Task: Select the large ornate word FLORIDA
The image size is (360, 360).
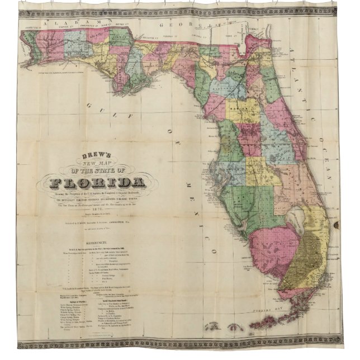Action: point(98,183)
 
